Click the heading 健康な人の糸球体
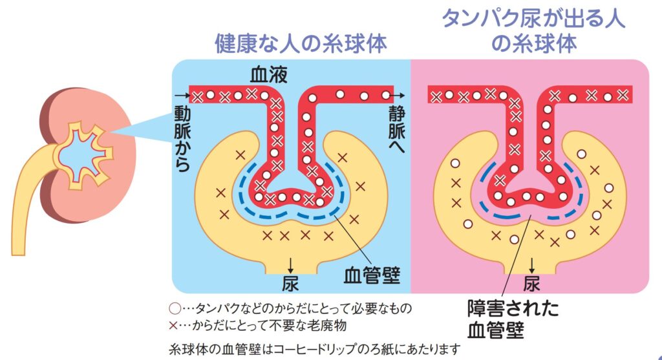tap(301, 44)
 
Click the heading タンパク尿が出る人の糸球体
tap(533, 31)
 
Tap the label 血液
tap(268, 75)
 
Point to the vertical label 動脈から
tap(182, 138)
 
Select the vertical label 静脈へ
tap(397, 129)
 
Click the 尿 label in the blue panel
tap(290, 283)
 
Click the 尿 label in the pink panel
tap(531, 283)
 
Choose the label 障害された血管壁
tap(513, 319)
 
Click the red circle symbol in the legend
tap(175, 308)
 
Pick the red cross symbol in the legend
tap(173, 325)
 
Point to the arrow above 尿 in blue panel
tap(290, 266)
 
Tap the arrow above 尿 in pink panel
tap(531, 266)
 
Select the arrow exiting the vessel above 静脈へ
tap(400, 96)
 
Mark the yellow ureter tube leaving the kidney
tap(26, 198)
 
